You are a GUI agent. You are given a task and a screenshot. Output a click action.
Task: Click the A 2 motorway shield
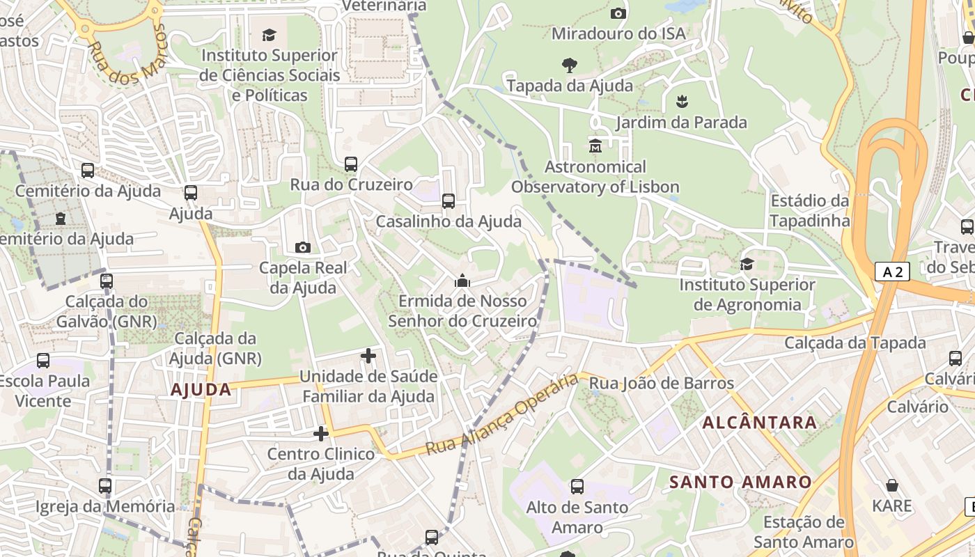click(x=892, y=272)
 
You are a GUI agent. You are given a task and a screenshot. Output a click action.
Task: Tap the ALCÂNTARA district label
click(x=759, y=423)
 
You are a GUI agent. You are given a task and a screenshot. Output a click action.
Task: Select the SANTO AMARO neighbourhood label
click(x=740, y=482)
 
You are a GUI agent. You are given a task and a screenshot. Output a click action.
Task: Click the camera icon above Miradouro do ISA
click(x=618, y=13)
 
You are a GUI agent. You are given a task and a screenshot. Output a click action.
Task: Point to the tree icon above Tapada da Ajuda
click(x=570, y=65)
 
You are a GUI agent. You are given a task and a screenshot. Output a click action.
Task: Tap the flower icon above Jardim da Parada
click(x=682, y=102)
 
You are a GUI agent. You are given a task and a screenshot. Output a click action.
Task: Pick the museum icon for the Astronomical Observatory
click(x=595, y=146)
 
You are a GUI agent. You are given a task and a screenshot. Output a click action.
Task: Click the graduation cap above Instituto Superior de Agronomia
click(x=747, y=264)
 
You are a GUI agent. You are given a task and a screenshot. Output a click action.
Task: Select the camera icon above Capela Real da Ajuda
click(x=303, y=247)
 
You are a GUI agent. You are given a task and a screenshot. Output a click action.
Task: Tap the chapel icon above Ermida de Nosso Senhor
click(x=462, y=281)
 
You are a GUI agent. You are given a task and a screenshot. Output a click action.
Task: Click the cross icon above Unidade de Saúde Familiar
click(x=368, y=356)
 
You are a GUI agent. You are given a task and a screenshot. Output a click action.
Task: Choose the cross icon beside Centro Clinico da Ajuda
click(x=321, y=434)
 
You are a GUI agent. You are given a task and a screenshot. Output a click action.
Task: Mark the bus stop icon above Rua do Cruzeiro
click(x=351, y=164)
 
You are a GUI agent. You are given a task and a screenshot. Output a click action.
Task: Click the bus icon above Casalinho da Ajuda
click(x=448, y=201)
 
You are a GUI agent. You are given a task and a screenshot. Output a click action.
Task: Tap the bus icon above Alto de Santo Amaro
click(x=577, y=487)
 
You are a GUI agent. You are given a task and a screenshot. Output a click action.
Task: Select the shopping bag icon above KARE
click(x=891, y=485)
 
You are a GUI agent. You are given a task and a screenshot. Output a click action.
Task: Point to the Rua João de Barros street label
click(x=661, y=383)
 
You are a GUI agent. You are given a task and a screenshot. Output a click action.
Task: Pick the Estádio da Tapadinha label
click(x=810, y=211)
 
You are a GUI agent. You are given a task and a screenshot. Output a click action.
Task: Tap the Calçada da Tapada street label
click(x=855, y=343)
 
